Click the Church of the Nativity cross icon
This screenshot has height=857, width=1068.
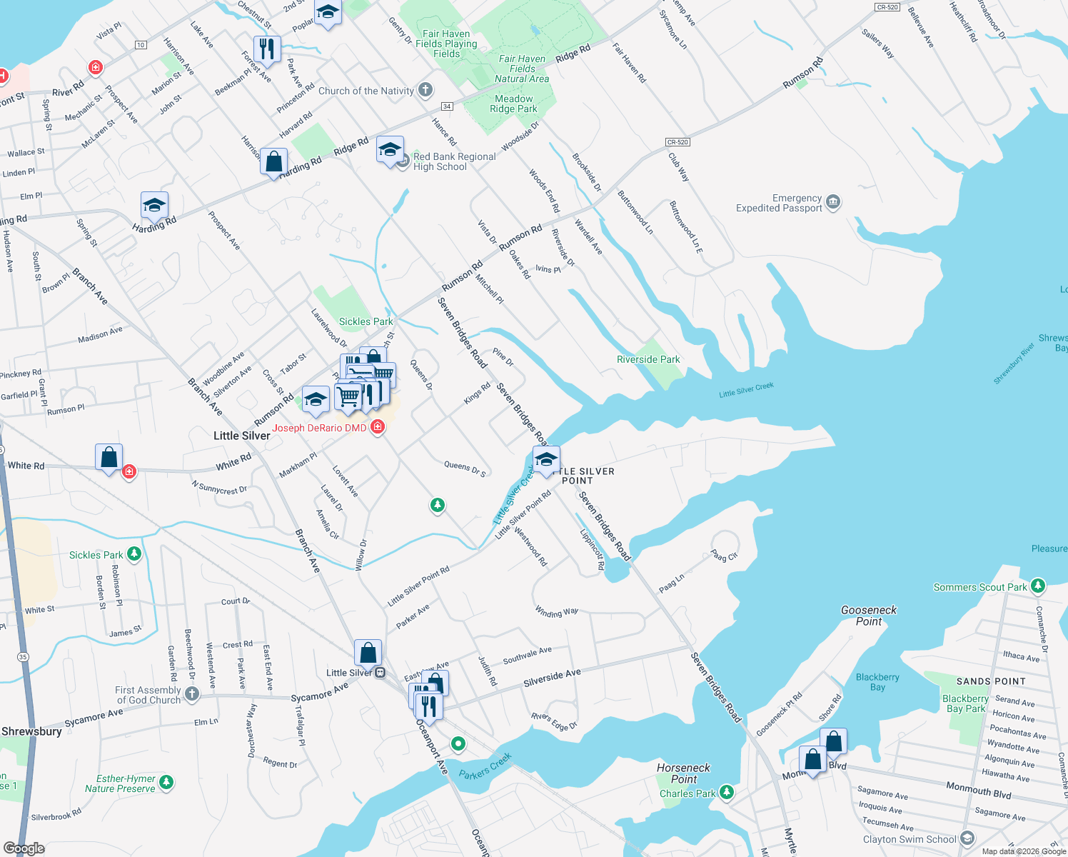425,90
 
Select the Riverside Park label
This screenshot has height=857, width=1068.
648,359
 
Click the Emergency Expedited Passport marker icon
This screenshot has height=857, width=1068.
833,203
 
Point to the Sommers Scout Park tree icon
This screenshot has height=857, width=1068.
1038,586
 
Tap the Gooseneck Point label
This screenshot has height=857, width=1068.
869,616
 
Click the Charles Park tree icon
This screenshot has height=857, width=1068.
726,793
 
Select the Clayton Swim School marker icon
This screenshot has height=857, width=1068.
967,838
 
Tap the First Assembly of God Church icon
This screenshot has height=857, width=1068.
191,694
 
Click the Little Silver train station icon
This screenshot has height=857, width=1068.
380,673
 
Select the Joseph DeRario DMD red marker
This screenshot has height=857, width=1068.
378,427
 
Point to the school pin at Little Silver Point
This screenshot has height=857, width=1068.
546,459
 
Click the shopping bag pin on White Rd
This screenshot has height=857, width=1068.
109,458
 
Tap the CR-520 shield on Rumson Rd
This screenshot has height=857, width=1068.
677,142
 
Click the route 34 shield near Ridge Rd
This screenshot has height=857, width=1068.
447,106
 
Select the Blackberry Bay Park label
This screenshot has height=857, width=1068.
965,703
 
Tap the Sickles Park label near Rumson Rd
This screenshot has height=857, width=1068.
366,321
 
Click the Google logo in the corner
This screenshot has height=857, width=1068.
24,848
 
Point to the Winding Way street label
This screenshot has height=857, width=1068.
557,612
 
